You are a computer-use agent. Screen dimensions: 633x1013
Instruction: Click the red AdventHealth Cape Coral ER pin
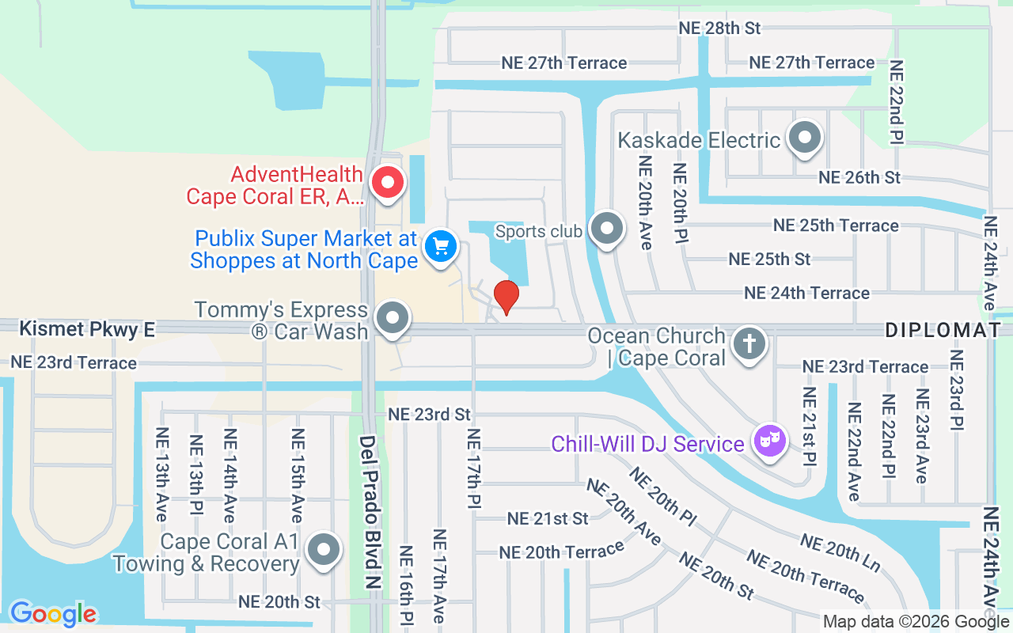click(388, 182)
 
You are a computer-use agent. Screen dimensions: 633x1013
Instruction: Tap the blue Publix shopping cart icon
click(441, 246)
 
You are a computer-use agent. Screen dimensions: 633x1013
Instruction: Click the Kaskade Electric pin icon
click(805, 137)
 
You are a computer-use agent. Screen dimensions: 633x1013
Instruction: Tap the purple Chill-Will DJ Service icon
click(769, 440)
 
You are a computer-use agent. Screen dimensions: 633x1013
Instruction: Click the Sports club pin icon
click(607, 229)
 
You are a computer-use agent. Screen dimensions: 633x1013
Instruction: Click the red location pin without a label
click(506, 296)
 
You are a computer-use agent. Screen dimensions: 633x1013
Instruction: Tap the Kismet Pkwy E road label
click(87, 329)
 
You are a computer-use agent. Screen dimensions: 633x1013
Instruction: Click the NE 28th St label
click(719, 28)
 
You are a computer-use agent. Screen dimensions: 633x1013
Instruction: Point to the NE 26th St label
click(859, 177)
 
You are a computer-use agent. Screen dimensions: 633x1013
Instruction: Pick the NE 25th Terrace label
click(836, 226)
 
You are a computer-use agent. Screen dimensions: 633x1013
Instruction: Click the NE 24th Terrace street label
click(806, 294)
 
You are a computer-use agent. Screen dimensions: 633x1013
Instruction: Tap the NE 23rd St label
click(429, 415)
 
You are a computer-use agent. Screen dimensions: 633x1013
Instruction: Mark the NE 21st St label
click(548, 519)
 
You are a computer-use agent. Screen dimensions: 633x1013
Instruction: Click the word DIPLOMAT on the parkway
click(943, 331)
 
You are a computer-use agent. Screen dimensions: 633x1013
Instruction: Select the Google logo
click(53, 613)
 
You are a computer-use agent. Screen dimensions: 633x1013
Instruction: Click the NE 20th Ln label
click(840, 552)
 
